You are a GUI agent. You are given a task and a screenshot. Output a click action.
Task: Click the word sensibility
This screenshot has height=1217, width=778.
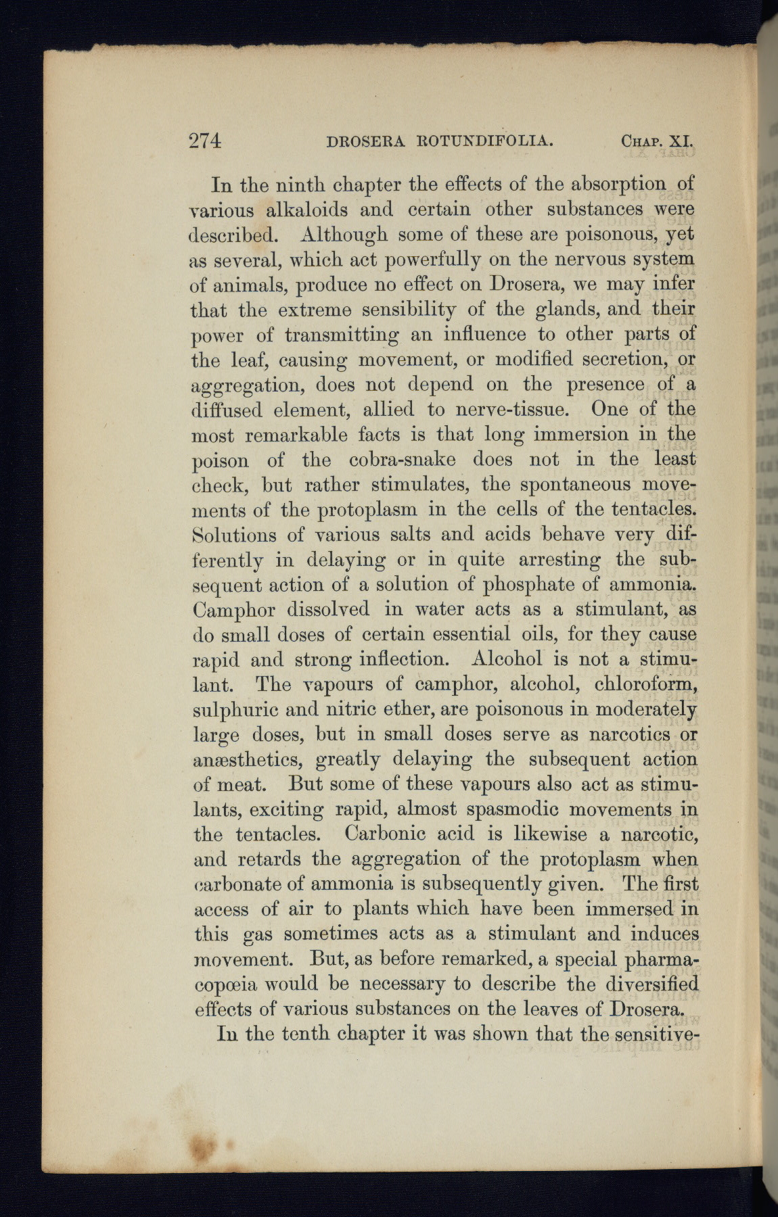pyautogui.click(x=409, y=310)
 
